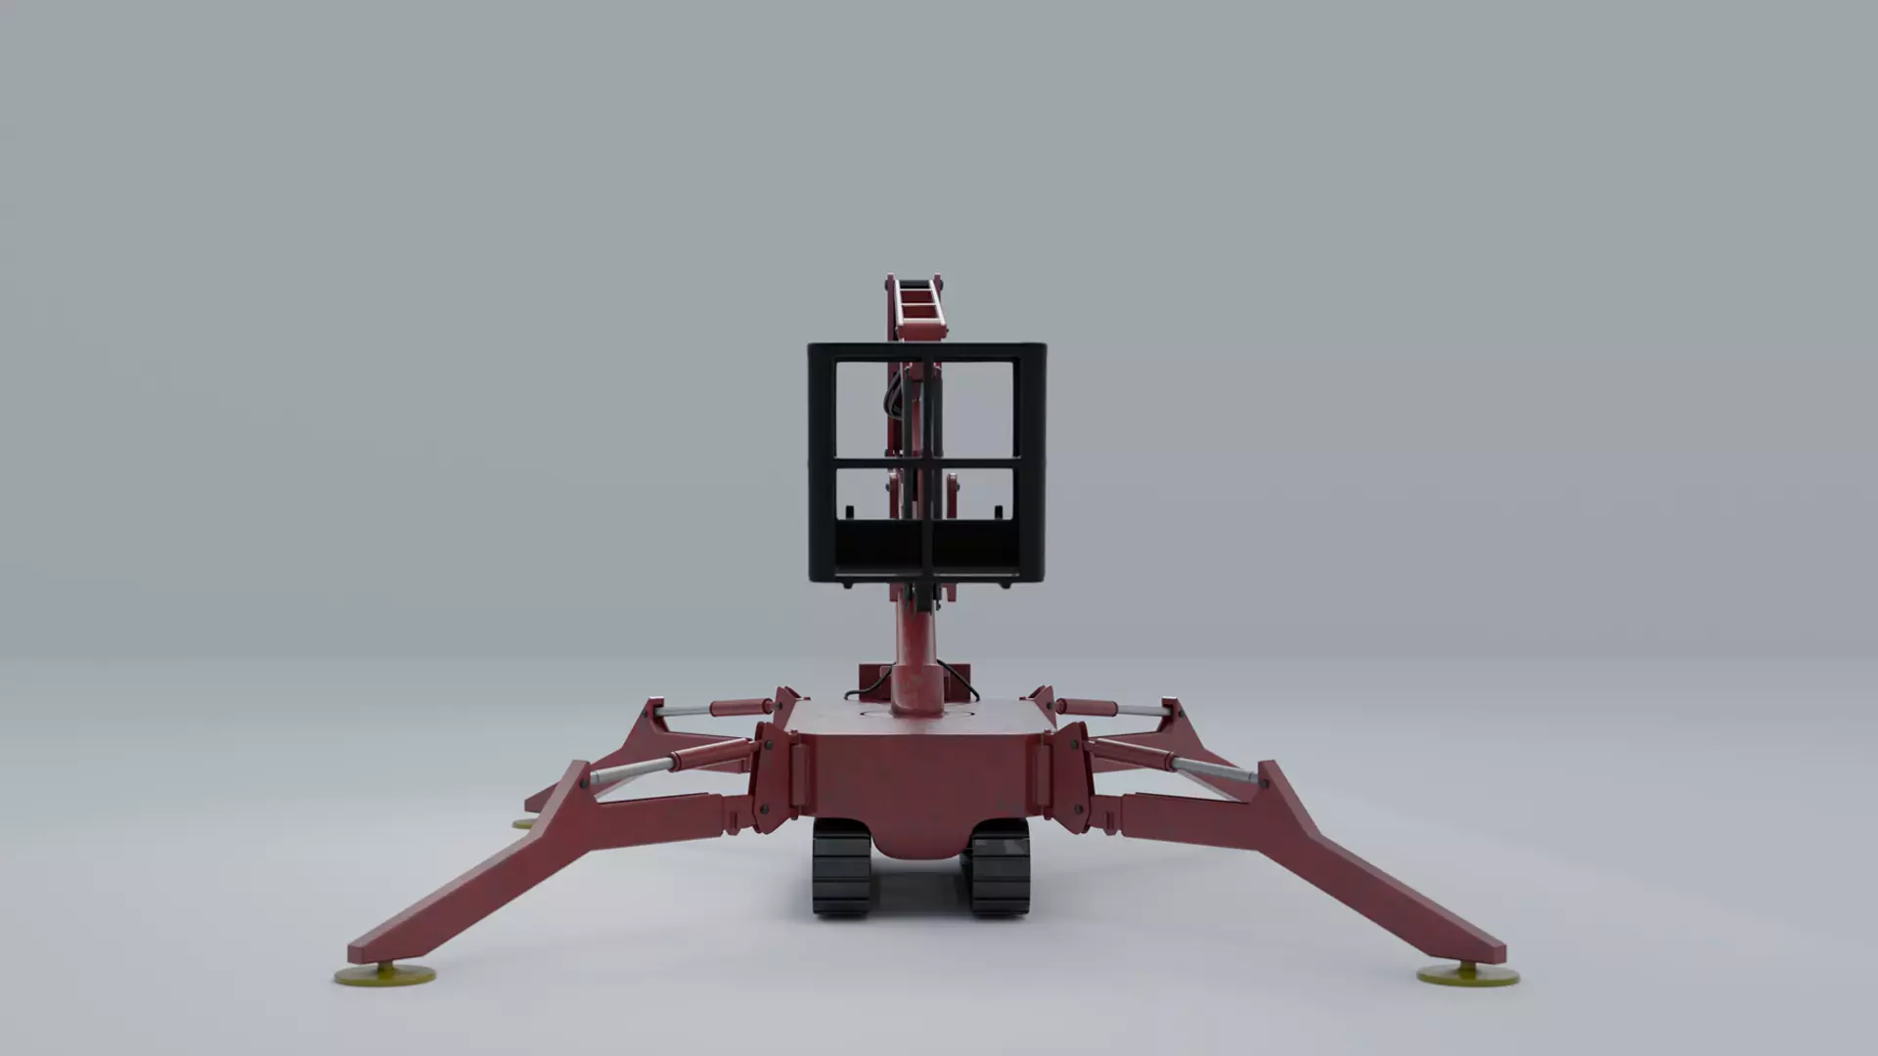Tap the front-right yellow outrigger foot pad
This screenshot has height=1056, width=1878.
point(1468,974)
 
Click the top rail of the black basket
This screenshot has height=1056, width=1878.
point(926,350)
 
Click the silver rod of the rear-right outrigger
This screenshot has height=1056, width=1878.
point(1137,711)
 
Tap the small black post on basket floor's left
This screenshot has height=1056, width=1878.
point(849,511)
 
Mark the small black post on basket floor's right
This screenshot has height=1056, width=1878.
point(999,511)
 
